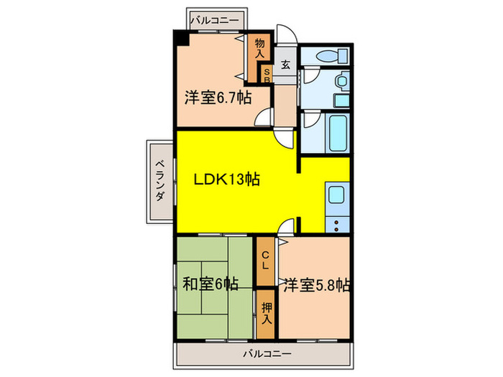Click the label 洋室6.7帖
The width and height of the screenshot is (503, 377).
point(218,98)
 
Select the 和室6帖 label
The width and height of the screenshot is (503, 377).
point(210,284)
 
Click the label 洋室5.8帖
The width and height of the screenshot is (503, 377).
point(315,284)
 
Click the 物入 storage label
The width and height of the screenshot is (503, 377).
point(259,48)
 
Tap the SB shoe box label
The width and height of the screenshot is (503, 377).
point(266,75)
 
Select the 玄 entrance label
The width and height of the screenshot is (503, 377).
point(285,64)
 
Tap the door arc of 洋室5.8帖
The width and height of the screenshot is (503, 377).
point(285,228)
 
